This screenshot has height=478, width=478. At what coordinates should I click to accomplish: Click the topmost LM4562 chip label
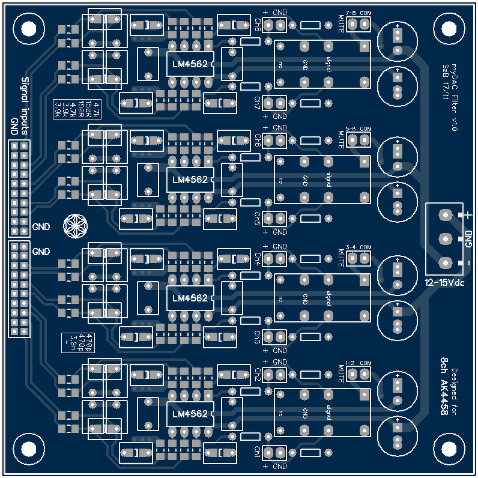click(189, 64)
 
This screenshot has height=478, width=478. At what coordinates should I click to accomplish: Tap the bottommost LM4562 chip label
click(189, 414)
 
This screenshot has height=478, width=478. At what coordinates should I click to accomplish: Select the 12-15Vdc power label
click(445, 282)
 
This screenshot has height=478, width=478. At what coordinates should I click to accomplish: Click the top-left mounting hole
click(28, 28)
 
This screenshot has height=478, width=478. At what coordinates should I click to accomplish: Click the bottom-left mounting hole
click(28, 449)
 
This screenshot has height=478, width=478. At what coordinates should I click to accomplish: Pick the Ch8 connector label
click(257, 25)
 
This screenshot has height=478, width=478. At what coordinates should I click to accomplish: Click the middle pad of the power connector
click(446, 239)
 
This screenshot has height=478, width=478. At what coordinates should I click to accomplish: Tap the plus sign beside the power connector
click(468, 215)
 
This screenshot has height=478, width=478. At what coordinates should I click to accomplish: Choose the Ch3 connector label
click(257, 337)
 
